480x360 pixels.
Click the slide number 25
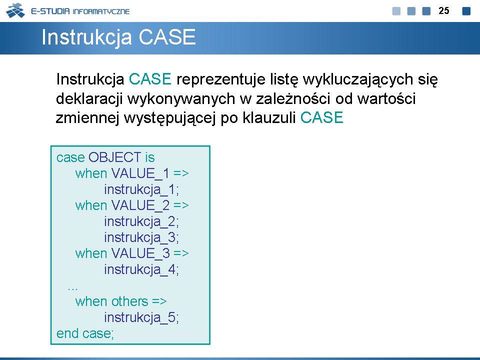[x=443, y=10]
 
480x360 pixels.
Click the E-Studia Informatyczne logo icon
[x=15, y=10]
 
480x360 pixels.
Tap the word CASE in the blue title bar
[x=167, y=37]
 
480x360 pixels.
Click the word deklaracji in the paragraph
[x=89, y=99]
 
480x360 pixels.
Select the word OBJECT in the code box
[x=115, y=157]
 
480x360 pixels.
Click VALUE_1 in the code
[x=140, y=174]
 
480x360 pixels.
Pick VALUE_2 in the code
[x=140, y=205]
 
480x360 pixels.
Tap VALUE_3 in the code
[x=140, y=254]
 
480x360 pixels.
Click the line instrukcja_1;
[x=141, y=190]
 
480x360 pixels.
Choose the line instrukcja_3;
[x=141, y=238]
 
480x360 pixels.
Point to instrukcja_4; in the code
[x=141, y=270]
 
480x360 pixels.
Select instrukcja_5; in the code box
[x=141, y=318]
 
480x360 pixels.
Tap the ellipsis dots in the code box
[x=73, y=288]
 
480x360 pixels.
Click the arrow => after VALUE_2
[x=181, y=205]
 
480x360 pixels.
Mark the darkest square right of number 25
[x=466, y=11]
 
